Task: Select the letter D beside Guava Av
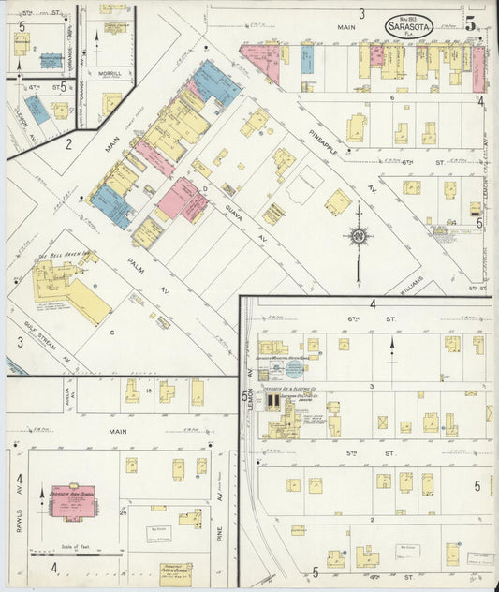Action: pyautogui.click(x=205, y=188)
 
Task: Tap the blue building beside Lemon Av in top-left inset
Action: pyautogui.click(x=37, y=110)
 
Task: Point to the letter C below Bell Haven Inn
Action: pyautogui.click(x=111, y=331)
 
